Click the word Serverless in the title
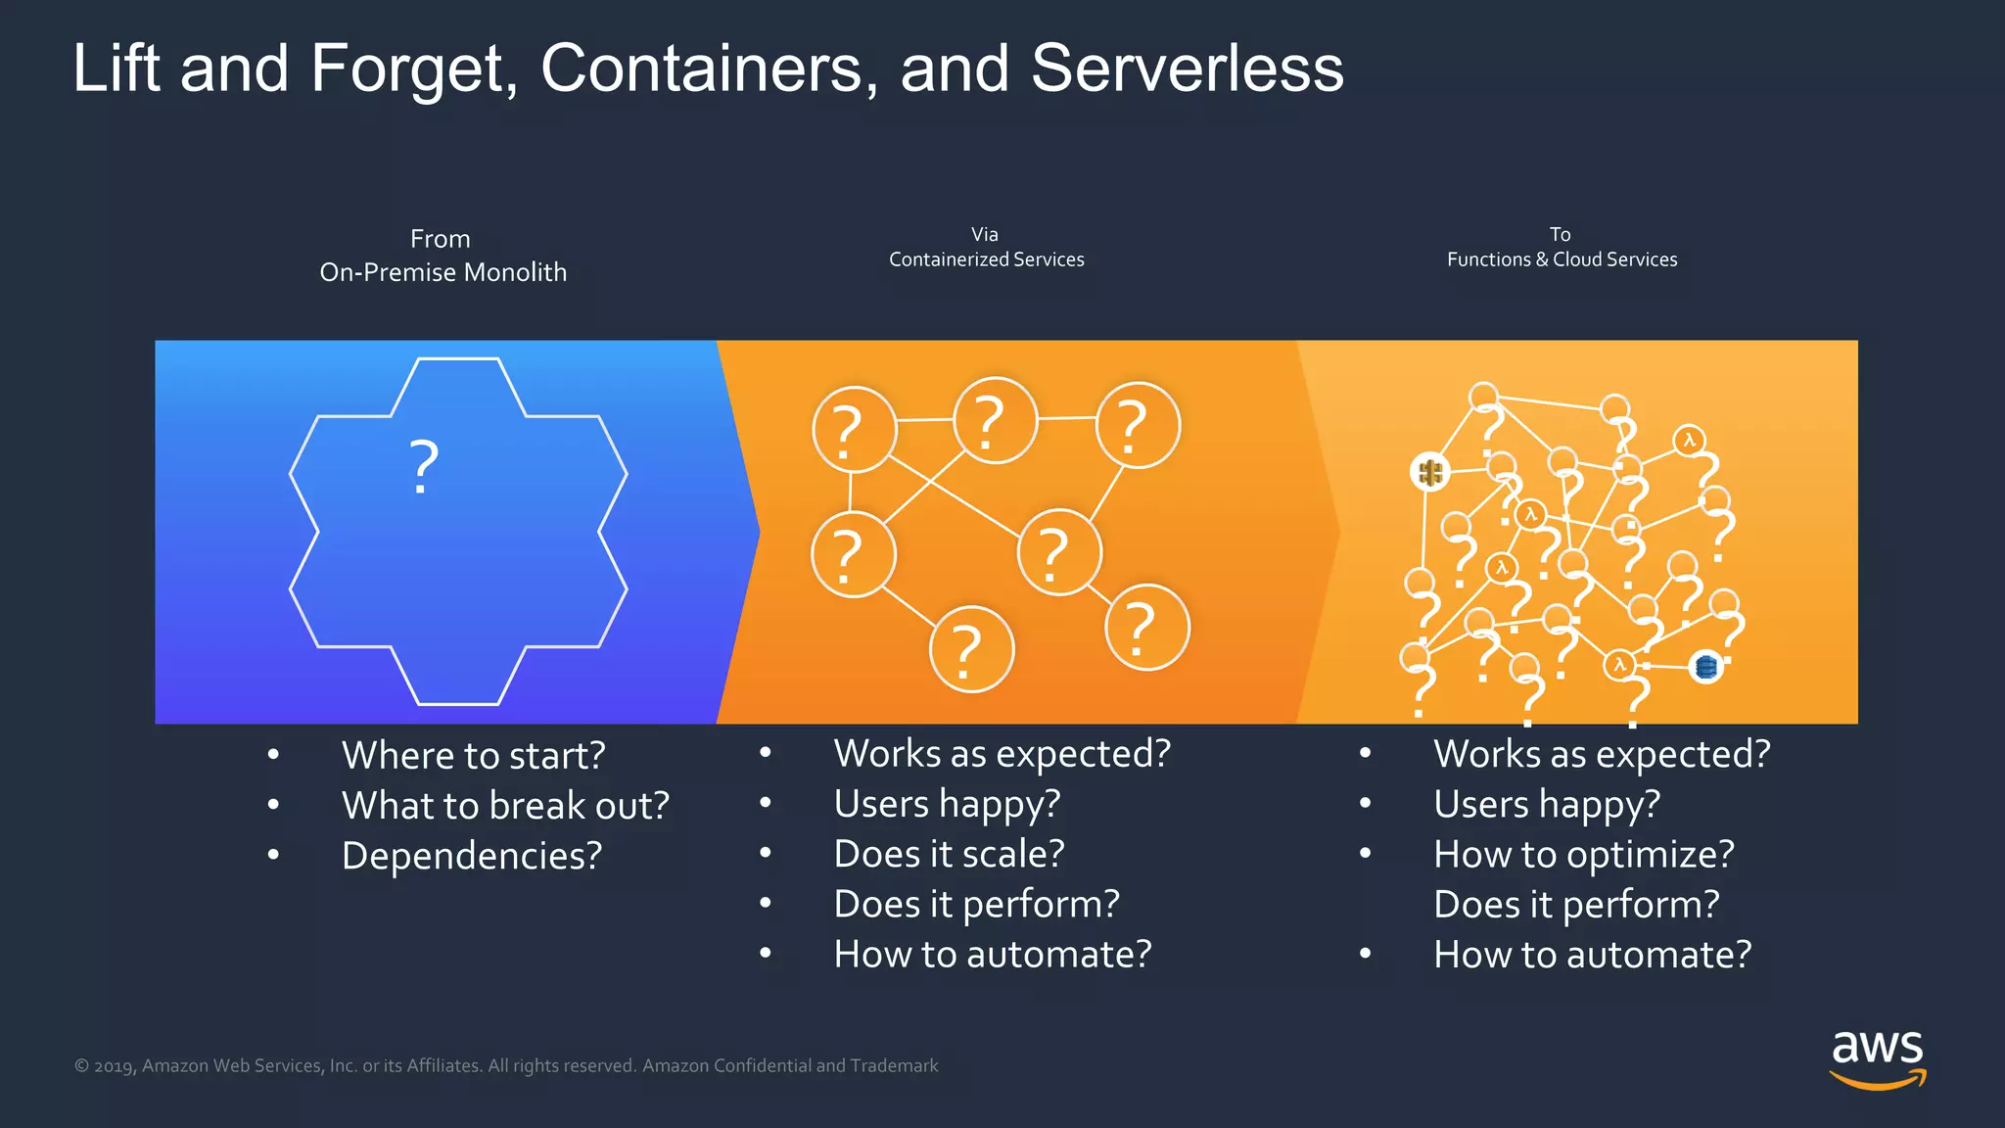coord(1187,69)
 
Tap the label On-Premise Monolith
coord(443,272)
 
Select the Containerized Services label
coord(986,259)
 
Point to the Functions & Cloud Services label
coord(1562,259)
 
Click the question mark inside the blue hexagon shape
coord(424,467)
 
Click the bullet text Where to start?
coord(474,756)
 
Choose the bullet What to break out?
coord(505,806)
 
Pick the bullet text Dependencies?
coord(472,856)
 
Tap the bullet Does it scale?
coord(949,854)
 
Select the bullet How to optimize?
coord(1583,855)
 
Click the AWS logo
coord(1877,1058)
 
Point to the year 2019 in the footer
coord(114,1066)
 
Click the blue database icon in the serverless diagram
coord(1705,668)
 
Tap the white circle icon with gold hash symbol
coord(1429,473)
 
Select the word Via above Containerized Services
coord(985,234)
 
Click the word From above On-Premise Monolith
coord(441,239)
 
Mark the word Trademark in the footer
coord(894,1065)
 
